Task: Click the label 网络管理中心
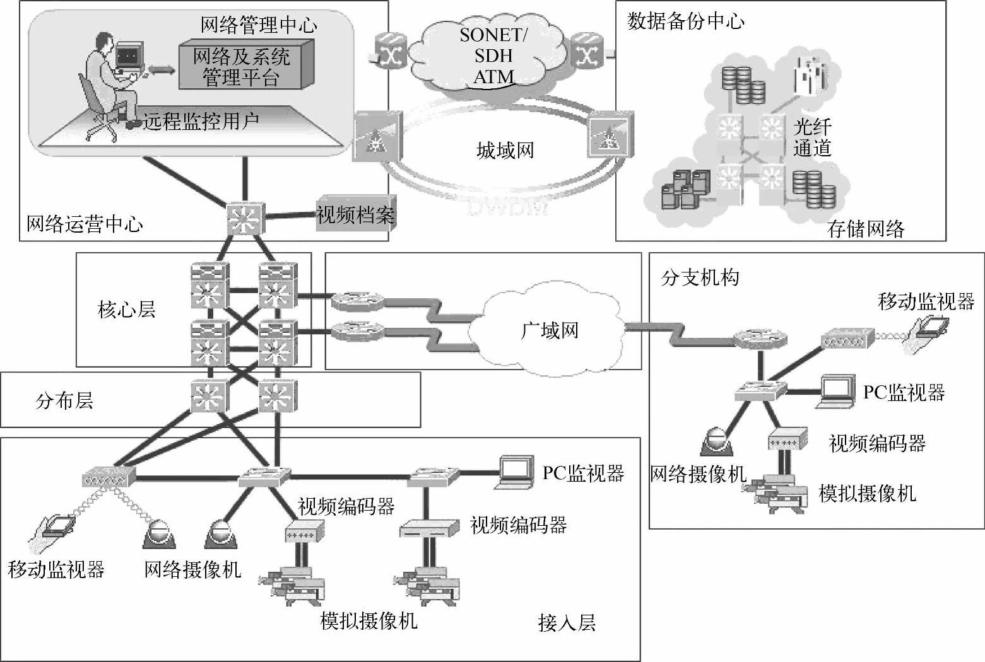pyautogui.click(x=259, y=25)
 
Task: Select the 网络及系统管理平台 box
pyautogui.click(x=243, y=66)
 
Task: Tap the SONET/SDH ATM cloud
pyautogui.click(x=493, y=57)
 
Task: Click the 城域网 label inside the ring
pyautogui.click(x=505, y=151)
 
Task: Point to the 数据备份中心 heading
pyautogui.click(x=685, y=21)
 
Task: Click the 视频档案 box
pyautogui.click(x=355, y=215)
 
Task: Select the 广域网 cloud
pyautogui.click(x=549, y=330)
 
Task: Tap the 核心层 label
pyautogui.click(x=127, y=309)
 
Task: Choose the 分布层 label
pyautogui.click(x=64, y=400)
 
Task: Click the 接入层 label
pyautogui.click(x=567, y=622)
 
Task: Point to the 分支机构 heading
pyautogui.click(x=700, y=277)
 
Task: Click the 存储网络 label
pyautogui.click(x=866, y=228)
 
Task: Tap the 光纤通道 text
pyautogui.click(x=812, y=137)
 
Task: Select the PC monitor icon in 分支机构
pyautogui.click(x=837, y=391)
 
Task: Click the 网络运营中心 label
pyautogui.click(x=85, y=224)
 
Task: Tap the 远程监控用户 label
pyautogui.click(x=201, y=121)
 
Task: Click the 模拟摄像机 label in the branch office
pyautogui.click(x=867, y=492)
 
